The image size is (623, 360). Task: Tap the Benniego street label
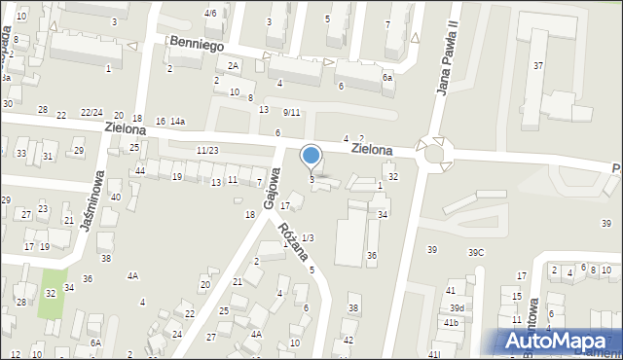click(x=197, y=44)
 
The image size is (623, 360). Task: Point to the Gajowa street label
click(x=273, y=179)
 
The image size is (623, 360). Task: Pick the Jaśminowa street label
click(x=97, y=195)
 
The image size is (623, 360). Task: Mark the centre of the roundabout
click(x=434, y=153)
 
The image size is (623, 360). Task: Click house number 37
click(x=538, y=65)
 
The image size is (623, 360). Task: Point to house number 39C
click(x=476, y=252)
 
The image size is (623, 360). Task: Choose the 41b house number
click(x=450, y=322)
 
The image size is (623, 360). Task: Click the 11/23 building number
click(x=206, y=150)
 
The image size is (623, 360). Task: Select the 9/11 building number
click(x=292, y=113)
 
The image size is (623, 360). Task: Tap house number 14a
click(x=177, y=122)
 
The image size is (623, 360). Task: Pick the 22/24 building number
click(x=92, y=114)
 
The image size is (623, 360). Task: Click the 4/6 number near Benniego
click(x=210, y=13)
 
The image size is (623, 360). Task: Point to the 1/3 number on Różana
click(x=308, y=237)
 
